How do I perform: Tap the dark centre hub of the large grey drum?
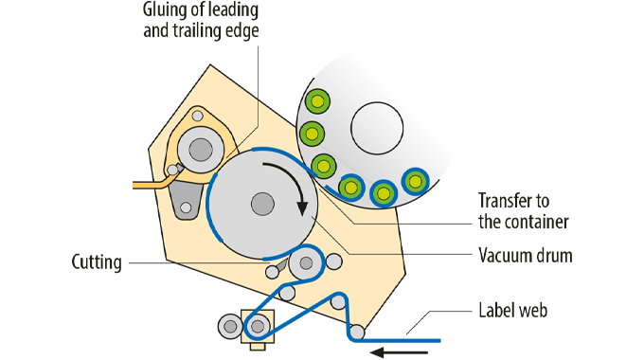[262, 204]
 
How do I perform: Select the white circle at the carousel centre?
[377, 127]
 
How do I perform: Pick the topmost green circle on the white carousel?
[317, 101]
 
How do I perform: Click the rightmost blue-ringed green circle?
[414, 181]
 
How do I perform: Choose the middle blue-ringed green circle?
[383, 193]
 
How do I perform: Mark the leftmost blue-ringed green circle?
[351, 188]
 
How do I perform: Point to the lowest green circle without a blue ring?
[324, 166]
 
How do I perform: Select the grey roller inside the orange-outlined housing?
[201, 150]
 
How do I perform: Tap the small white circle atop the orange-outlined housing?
[197, 116]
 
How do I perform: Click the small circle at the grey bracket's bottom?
[186, 207]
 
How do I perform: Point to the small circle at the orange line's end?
[172, 171]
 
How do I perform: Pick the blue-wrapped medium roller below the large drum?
[306, 262]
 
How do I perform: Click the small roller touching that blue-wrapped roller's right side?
[333, 261]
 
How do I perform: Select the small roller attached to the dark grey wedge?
[273, 272]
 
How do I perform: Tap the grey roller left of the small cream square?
[230, 326]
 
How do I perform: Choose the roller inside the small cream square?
[258, 326]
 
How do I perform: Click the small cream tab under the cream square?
[258, 346]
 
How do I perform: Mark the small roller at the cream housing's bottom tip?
[357, 332]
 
